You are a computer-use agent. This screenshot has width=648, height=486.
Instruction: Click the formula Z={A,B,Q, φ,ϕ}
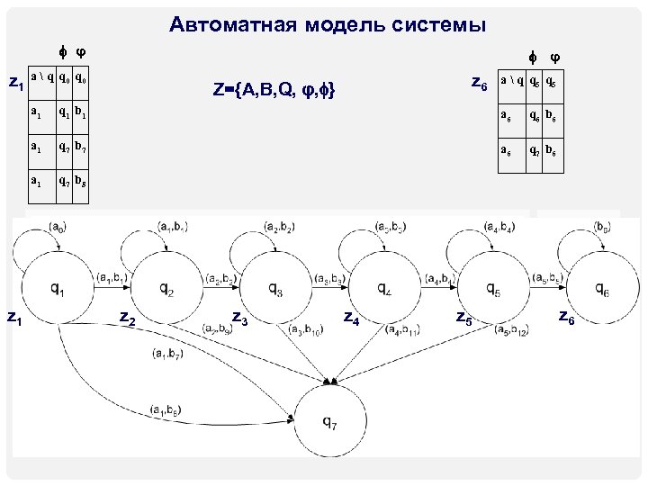point(275,89)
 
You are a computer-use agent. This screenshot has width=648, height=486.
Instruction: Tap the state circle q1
point(57,289)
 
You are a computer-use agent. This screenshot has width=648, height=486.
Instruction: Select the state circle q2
point(167,289)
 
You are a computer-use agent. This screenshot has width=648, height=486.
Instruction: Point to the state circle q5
point(493,289)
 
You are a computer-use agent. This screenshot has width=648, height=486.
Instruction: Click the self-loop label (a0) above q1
point(57,225)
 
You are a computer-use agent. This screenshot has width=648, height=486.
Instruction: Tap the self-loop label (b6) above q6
point(602,225)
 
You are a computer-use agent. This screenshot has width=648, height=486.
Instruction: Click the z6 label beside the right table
point(480,84)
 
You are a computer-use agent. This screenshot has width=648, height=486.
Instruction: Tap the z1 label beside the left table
point(15,84)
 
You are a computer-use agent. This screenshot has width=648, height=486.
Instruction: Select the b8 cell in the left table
point(80,179)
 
